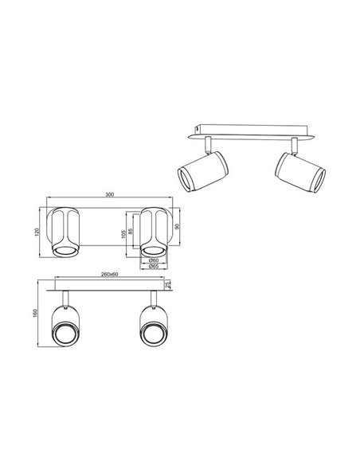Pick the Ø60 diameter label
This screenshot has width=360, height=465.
tap(155, 260)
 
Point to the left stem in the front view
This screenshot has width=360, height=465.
tap(65, 302)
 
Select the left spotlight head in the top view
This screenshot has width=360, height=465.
tap(65, 232)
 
